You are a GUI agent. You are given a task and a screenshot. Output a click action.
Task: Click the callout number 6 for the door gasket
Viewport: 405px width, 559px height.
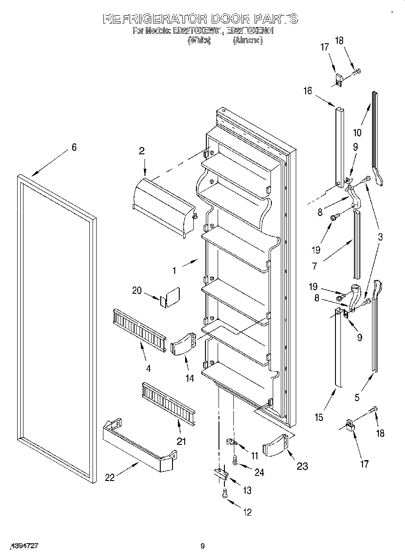74,147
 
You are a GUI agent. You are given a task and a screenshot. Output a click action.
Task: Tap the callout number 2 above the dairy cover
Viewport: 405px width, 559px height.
142,151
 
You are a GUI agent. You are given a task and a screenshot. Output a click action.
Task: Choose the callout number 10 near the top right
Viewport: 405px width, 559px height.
357,133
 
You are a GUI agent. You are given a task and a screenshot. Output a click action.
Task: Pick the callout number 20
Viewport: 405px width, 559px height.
137,291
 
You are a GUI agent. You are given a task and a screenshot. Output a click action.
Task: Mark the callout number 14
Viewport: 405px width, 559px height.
190,378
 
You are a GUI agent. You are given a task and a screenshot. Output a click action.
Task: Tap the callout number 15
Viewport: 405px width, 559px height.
319,417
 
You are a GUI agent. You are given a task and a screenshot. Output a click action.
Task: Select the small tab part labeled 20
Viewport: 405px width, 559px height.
171,298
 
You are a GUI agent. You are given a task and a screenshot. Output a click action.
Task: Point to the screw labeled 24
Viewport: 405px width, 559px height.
234,461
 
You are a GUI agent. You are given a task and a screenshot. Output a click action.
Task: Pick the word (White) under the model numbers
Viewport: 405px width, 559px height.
199,40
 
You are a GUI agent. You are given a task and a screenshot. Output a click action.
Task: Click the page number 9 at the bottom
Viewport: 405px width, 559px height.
203,546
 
